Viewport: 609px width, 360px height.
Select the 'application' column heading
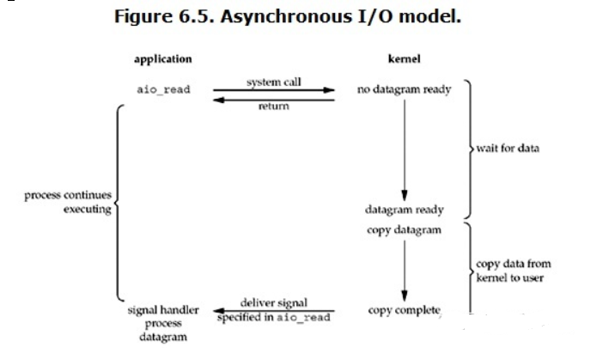click(x=162, y=59)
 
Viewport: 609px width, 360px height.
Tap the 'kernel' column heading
click(x=405, y=59)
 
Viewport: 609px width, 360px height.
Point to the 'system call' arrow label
click(x=274, y=82)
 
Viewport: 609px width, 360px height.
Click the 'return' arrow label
click(x=274, y=107)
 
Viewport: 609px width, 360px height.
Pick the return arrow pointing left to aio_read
click(x=274, y=99)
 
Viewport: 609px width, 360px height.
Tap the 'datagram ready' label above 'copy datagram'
click(x=404, y=211)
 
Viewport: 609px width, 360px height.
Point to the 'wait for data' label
click(x=509, y=149)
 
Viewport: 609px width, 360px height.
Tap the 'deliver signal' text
click(x=273, y=302)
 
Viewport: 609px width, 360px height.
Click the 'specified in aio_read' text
click(x=273, y=319)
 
